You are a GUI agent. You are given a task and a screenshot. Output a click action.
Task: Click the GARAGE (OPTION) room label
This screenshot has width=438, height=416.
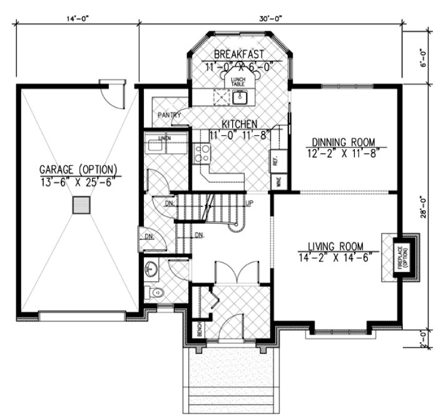pyautogui.click(x=78, y=169)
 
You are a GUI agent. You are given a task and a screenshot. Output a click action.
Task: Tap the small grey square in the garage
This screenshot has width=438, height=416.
pyautogui.click(x=80, y=205)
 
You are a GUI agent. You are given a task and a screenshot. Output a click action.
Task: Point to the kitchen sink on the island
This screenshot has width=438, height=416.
pyautogui.click(x=240, y=96)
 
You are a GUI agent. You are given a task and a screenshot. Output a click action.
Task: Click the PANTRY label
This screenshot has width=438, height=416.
pyautogui.click(x=169, y=115)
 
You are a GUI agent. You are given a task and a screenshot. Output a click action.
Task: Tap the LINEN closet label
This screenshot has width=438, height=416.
pyautogui.click(x=165, y=137)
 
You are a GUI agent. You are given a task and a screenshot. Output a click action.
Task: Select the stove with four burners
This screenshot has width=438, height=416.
pyautogui.click(x=202, y=153)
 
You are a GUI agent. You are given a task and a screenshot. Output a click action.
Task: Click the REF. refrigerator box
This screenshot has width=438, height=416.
pyautogui.click(x=275, y=160)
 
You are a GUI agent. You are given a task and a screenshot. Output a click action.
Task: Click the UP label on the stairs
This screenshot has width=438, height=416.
pyautogui.click(x=250, y=204)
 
